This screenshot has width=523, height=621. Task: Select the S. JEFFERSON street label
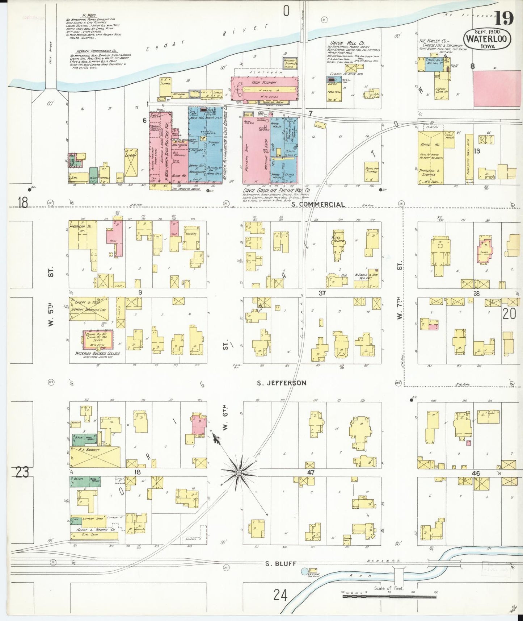282,383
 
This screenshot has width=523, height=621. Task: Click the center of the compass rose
239,473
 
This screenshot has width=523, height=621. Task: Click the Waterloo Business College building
97,339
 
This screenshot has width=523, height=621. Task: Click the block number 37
322,293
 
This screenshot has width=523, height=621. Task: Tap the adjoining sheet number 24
281,595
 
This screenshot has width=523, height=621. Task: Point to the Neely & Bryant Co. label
95,530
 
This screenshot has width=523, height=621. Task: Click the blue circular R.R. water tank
304,571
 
